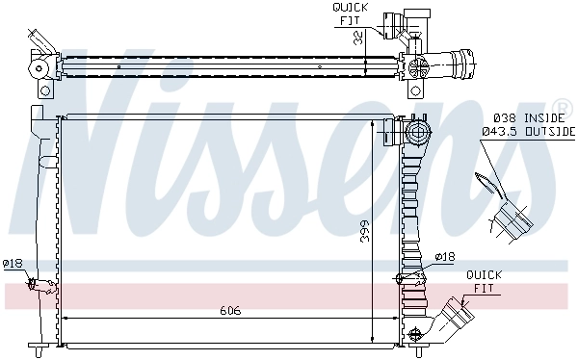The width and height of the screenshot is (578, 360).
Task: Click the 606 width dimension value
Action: click(x=229, y=311)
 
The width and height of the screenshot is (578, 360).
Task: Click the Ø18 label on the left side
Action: click(x=13, y=263)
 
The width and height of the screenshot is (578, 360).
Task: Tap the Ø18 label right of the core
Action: click(x=444, y=256)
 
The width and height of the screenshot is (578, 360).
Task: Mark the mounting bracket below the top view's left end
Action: click(x=45, y=90)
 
